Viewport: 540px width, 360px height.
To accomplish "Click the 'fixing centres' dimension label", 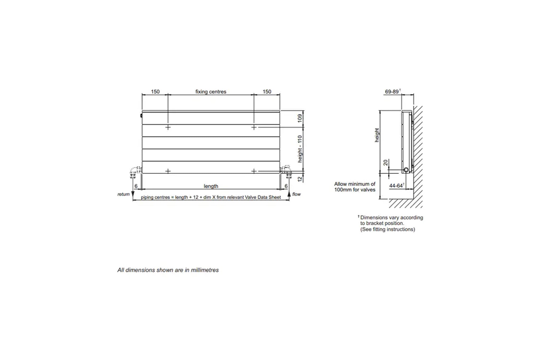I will point(211,92).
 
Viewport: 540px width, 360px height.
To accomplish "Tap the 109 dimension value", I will point(300,118).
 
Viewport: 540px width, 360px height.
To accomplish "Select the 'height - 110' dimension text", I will point(300,149).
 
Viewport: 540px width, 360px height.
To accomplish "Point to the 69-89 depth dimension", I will point(392,92).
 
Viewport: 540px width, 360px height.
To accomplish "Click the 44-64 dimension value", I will point(396,186).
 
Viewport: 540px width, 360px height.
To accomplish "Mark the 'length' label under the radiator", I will point(211,186).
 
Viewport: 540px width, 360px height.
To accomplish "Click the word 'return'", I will point(123,194).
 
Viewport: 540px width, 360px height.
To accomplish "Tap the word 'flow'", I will point(296,194).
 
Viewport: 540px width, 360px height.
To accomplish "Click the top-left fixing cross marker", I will point(168,127).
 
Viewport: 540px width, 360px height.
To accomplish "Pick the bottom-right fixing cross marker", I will point(254,171).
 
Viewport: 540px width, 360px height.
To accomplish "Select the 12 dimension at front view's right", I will point(300,179).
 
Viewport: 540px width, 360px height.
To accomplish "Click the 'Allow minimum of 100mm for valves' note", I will point(355,187).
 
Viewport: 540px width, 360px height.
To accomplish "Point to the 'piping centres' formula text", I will point(211,197).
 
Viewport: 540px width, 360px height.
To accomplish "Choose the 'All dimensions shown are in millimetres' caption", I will point(168,270).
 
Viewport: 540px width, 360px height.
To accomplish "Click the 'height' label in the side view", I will point(377,135).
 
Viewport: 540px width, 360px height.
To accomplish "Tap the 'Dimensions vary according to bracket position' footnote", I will point(391,223).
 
